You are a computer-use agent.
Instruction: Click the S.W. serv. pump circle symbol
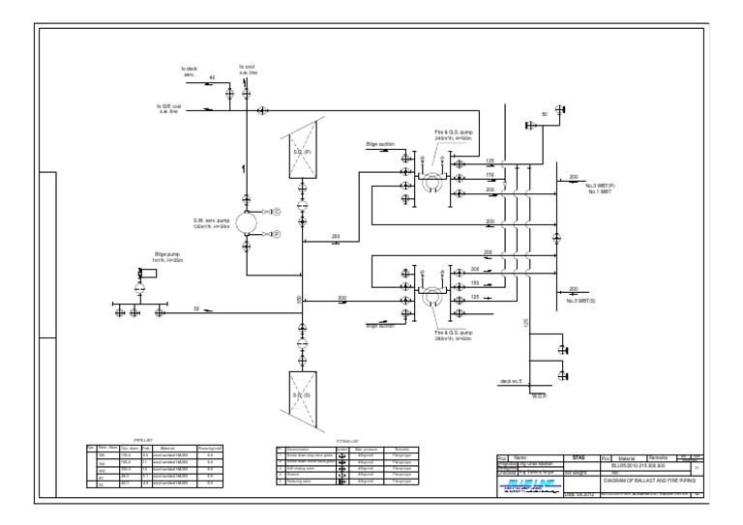point(246,221)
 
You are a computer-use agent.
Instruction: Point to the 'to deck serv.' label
point(189,72)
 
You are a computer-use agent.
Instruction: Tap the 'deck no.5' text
point(511,381)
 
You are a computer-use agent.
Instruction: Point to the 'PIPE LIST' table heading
point(155,439)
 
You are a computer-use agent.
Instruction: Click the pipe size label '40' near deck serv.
point(213,77)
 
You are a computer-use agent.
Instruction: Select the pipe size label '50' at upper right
point(544,114)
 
